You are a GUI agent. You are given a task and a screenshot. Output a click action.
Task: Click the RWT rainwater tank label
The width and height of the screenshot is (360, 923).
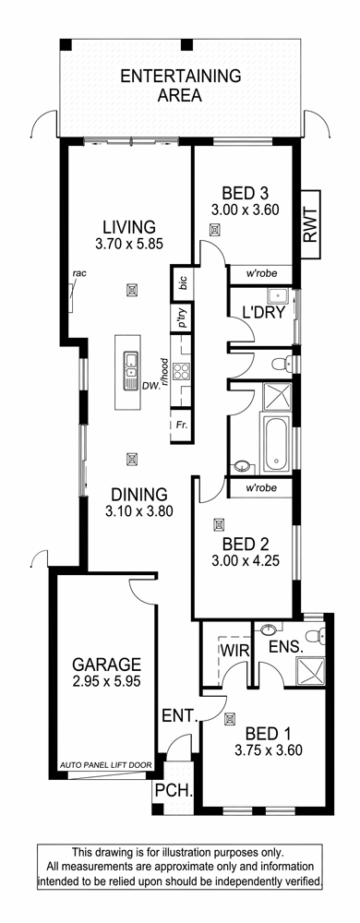click(309, 225)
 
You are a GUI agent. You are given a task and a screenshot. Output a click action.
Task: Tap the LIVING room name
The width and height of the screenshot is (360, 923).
click(129, 227)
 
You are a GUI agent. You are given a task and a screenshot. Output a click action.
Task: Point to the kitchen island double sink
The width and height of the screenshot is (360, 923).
click(130, 366)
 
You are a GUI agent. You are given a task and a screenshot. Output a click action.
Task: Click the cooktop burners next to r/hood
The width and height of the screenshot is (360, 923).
click(181, 371)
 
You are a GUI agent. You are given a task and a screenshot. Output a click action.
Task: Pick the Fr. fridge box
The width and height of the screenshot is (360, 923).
click(181, 424)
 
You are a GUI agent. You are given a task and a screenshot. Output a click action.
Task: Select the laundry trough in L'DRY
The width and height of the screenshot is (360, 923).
click(276, 295)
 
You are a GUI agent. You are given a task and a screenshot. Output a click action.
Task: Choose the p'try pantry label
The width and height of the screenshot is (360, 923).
click(182, 318)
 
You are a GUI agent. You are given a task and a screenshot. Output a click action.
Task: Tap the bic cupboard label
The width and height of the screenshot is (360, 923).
click(182, 282)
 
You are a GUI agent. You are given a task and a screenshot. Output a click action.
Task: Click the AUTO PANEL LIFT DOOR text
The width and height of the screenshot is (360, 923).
click(106, 765)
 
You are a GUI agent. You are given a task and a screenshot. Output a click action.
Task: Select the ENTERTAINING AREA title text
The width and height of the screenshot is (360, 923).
click(181, 85)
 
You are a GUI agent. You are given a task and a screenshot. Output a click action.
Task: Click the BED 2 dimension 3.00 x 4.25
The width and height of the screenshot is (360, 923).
click(245, 560)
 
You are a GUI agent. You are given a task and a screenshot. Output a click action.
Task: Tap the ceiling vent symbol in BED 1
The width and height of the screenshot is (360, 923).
click(230, 717)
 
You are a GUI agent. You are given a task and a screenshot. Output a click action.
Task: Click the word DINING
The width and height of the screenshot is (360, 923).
click(138, 495)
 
